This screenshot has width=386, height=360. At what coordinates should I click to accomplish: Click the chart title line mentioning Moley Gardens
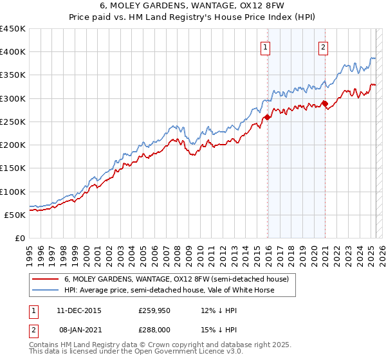point(192,7)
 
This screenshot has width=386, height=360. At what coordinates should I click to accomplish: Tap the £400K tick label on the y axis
point(13,52)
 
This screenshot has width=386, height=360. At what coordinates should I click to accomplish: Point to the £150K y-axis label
point(13,168)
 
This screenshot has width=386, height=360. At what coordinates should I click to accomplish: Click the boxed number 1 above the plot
point(266,46)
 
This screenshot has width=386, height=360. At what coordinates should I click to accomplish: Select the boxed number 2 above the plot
point(322,46)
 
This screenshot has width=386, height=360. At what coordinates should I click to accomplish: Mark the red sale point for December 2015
point(267,117)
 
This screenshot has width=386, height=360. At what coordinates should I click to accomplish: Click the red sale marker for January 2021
point(325,104)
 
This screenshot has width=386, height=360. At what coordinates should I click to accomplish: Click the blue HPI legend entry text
point(169,290)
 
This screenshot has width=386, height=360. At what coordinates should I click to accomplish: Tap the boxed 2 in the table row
point(33,328)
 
